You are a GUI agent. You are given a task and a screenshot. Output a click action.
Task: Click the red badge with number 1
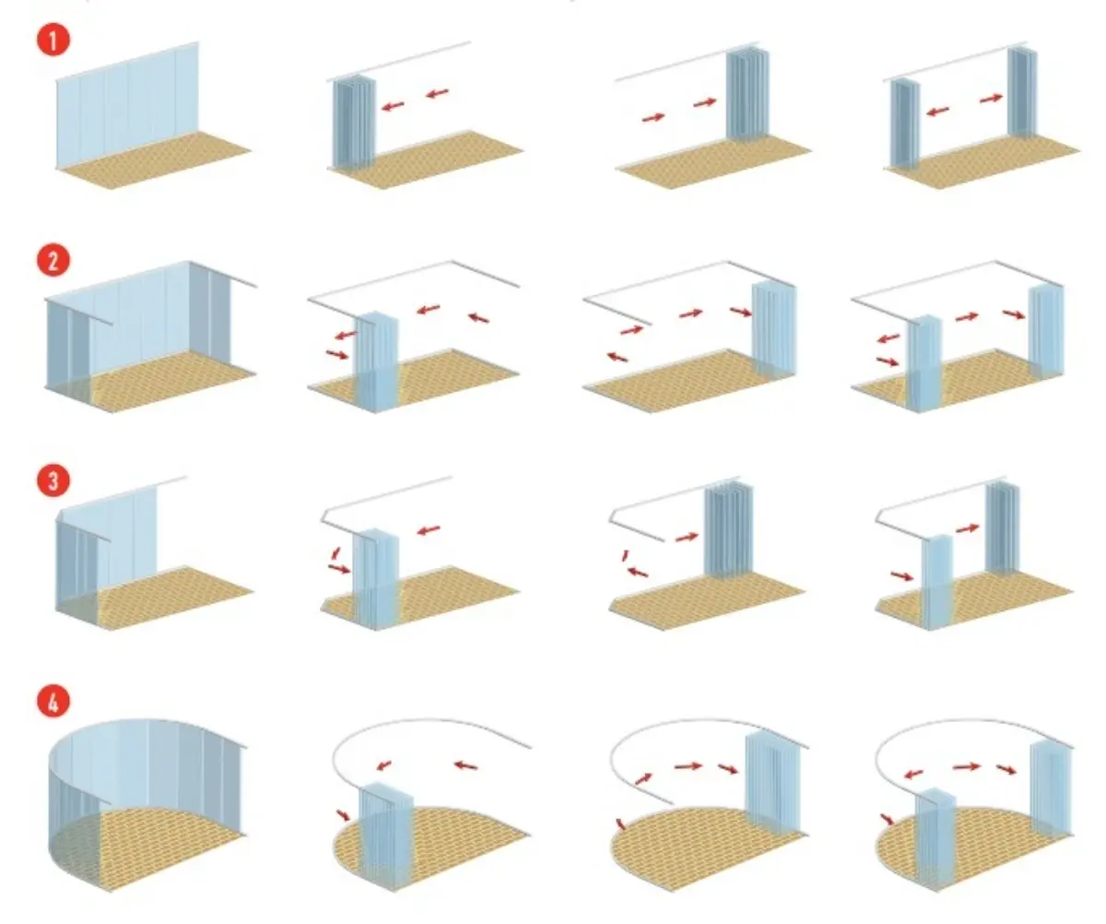coord(53,40)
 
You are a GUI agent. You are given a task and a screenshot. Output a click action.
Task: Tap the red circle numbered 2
coord(53,260)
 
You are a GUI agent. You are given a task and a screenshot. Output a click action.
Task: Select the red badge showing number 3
coord(53,480)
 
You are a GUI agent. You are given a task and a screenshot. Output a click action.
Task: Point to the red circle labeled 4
coord(53,702)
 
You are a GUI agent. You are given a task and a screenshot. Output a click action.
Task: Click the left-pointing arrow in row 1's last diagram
coord(937,111)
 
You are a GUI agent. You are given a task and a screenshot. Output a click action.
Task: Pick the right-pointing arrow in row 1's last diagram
coord(991,98)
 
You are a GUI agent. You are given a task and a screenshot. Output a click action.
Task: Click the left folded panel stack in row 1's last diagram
coord(904,124)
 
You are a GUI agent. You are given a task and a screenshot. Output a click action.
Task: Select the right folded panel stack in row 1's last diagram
coord(1022,92)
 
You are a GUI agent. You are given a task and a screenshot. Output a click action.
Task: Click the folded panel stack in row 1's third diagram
coord(747,94)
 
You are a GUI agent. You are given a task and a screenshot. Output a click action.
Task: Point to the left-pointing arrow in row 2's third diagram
coord(617,356)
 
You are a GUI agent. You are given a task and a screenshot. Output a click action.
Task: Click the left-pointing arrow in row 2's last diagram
coord(888,338)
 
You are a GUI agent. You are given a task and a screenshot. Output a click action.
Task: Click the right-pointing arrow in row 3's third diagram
coord(687,537)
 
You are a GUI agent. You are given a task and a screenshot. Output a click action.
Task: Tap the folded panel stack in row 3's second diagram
coord(375,578)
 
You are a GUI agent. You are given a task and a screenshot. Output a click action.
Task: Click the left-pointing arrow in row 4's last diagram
coord(913,774)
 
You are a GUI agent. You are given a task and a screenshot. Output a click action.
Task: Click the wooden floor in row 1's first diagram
coord(154,158)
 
